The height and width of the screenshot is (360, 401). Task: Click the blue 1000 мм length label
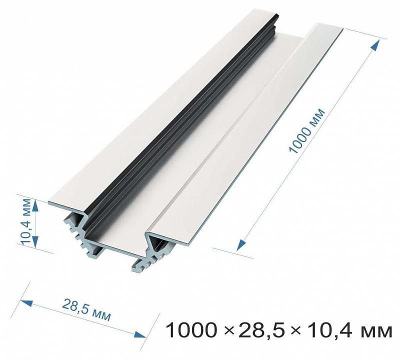[307, 131]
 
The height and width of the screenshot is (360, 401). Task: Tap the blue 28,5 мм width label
[86, 309]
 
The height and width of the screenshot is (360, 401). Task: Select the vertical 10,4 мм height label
[26, 222]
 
